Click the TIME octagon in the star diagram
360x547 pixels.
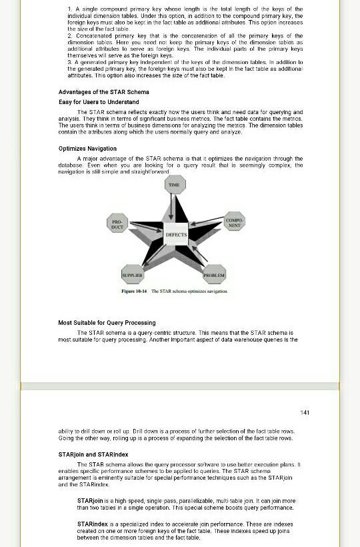pos(174,185)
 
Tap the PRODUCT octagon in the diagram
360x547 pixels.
pos(117,224)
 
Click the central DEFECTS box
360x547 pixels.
pos(176,235)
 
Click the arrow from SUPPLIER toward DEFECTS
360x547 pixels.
pos(151,257)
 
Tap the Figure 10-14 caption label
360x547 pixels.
pos(134,292)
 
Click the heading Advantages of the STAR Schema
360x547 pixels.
pos(103,92)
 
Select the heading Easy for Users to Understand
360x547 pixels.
pos(99,101)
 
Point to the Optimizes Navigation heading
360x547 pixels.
pos(87,149)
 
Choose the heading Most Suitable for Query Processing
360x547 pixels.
pos(107,323)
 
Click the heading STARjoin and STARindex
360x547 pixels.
pos(93,454)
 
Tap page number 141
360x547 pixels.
pos(305,413)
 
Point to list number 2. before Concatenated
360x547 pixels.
pos(70,35)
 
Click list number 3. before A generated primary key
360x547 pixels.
pos(70,61)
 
